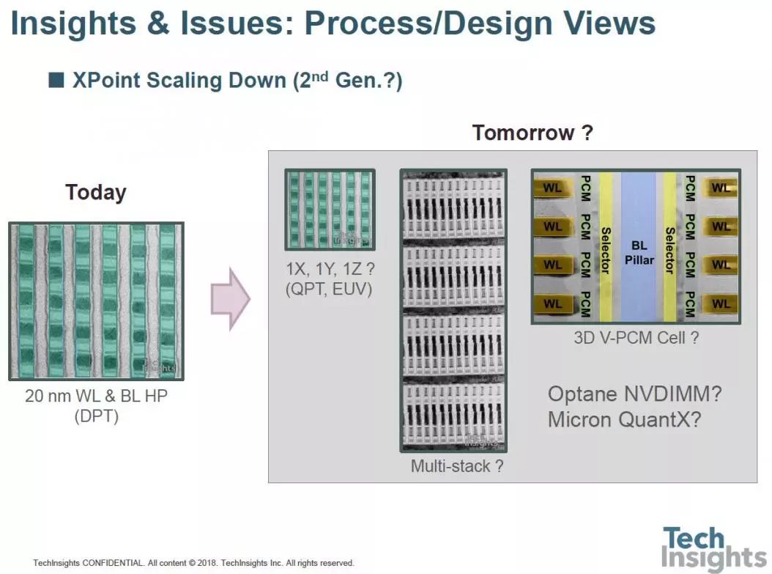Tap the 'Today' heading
96,193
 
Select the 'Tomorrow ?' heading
532,133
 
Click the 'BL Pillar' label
639,254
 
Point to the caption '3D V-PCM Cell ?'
636,338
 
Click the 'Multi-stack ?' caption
457,466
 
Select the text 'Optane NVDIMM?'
635,394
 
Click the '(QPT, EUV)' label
329,289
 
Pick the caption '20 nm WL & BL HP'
96,396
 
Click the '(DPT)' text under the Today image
96,416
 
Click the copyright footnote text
193,563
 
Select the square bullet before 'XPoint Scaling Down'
56,80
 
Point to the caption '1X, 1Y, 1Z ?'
329,269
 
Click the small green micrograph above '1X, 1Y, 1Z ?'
330,210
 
